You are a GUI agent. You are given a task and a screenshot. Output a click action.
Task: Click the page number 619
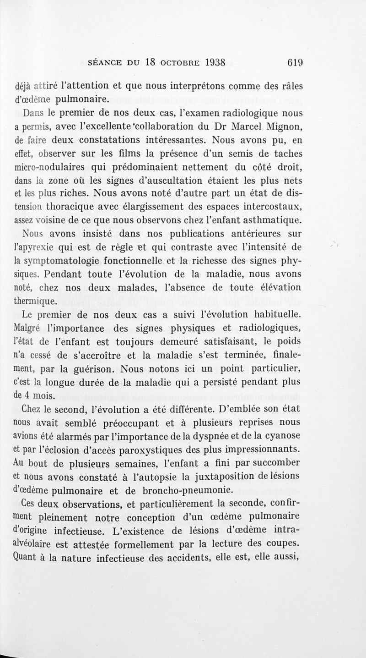coord(294,63)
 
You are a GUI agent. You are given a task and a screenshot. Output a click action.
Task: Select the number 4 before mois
coord(26,395)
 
